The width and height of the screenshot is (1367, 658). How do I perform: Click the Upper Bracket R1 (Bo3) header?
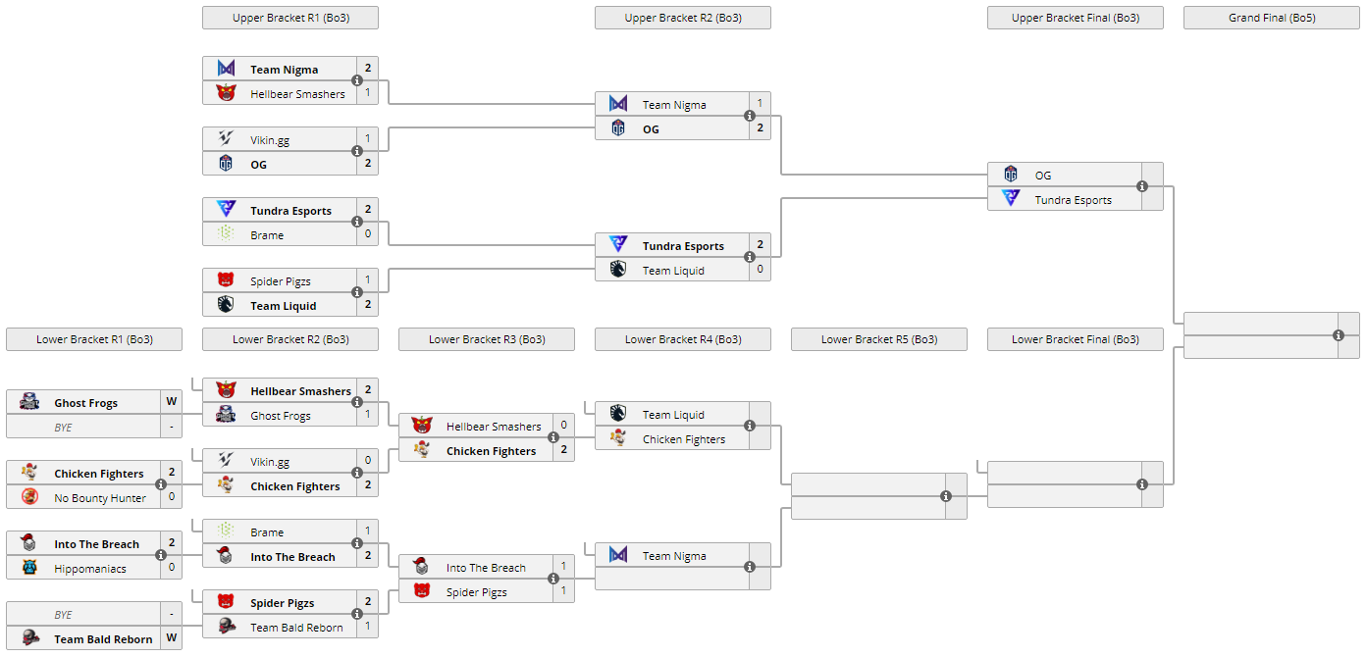point(289,18)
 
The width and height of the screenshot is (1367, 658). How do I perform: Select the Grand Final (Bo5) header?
point(1271,18)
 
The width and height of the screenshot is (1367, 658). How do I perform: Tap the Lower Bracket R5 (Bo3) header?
point(878,339)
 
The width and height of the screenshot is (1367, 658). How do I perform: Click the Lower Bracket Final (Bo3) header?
point(1075,339)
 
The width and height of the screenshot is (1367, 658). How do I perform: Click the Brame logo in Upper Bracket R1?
point(226,234)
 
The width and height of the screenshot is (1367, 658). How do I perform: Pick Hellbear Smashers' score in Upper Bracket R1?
point(367,93)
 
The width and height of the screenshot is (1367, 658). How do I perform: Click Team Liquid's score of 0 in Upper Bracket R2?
point(760,270)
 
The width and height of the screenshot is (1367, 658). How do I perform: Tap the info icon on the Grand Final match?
point(1339,335)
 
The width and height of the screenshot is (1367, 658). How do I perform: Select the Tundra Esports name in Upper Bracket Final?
point(1073,200)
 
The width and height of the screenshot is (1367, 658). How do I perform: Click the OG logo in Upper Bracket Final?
point(1011,175)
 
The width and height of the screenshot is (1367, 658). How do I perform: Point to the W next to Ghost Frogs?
point(171,402)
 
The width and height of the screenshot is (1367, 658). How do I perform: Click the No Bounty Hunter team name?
point(100,498)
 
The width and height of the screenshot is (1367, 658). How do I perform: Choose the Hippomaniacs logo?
point(29,567)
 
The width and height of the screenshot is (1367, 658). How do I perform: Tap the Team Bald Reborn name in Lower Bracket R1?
point(103,639)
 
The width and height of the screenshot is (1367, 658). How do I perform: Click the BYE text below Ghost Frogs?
point(63,428)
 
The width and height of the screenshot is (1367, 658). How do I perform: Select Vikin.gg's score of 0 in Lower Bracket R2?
point(367,461)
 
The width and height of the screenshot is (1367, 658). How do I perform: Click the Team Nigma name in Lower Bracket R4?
point(674,556)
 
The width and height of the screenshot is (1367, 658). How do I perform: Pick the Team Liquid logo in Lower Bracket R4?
point(618,413)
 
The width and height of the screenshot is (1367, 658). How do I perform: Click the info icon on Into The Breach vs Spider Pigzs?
point(553,579)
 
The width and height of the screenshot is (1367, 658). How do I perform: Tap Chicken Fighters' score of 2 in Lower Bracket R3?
point(563,450)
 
